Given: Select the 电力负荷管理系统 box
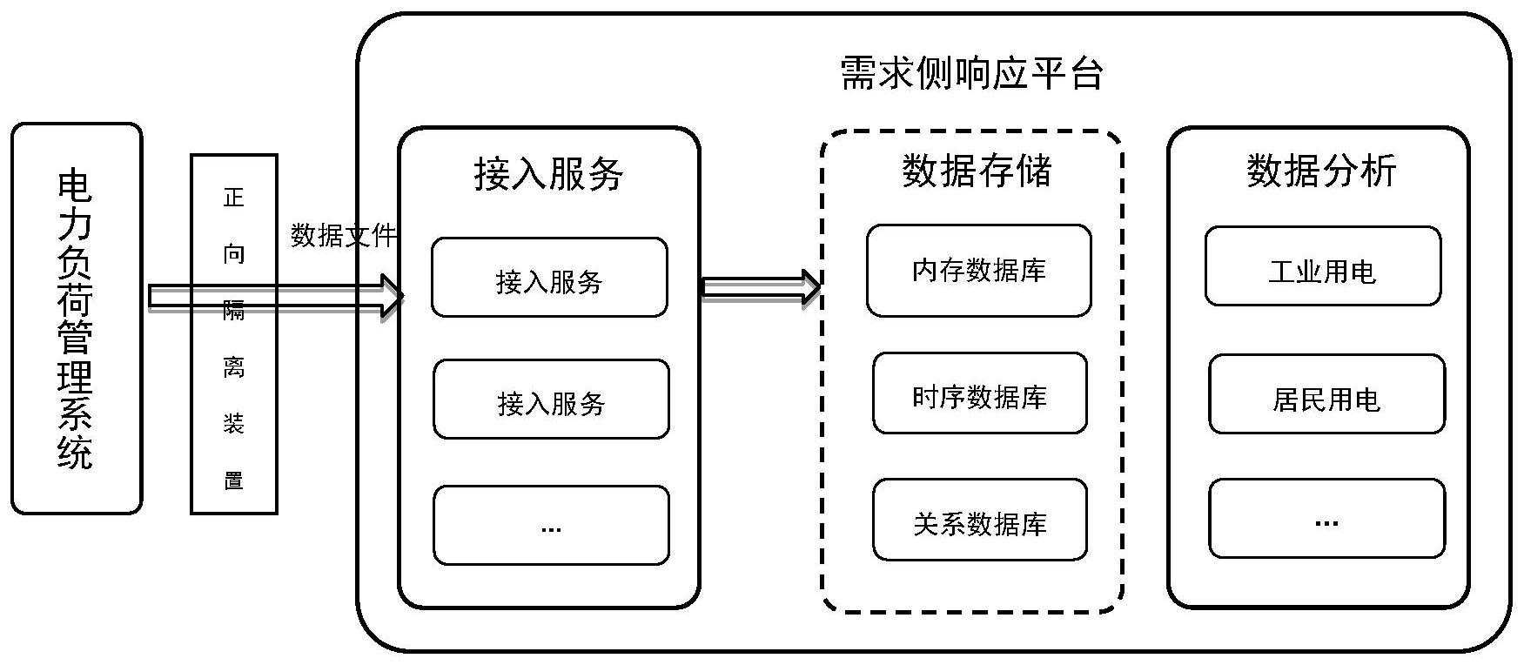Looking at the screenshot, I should (77, 319).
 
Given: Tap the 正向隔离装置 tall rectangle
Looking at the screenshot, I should (234, 335).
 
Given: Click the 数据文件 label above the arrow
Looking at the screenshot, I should (344, 235).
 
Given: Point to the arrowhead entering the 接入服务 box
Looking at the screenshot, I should (392, 297).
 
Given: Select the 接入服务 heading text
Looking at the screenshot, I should (548, 174).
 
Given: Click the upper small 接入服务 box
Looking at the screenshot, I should (549, 278).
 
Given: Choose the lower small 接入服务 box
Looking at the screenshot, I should (551, 400).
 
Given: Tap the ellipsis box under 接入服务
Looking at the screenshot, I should (551, 526).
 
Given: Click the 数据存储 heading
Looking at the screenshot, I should (977, 171).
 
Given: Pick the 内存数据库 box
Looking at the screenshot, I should (978, 271).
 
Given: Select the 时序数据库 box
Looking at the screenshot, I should (979, 393).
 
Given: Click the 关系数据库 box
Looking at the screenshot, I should (979, 520).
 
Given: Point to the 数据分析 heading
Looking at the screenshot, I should (1321, 171).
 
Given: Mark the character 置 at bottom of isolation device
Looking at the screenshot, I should (233, 480).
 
